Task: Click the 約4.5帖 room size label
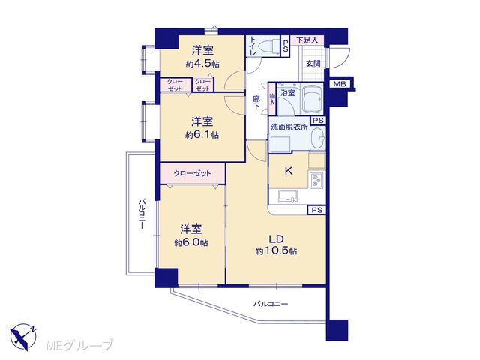point(202,64)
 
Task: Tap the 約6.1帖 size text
point(202,135)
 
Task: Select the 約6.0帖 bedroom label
point(191,242)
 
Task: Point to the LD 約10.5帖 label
point(277,245)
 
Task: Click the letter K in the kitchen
point(289,171)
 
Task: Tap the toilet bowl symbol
point(268,46)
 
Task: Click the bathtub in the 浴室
point(312,98)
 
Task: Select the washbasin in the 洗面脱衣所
point(318,137)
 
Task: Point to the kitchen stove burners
point(316,180)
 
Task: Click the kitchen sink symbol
point(288,196)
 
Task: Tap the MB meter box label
point(340,84)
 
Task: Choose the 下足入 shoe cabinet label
point(307,40)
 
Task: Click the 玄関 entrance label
point(313,64)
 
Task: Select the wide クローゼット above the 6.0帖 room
point(192,173)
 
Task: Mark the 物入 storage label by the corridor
point(271,98)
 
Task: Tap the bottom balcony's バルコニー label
point(271,304)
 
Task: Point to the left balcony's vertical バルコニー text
point(142,214)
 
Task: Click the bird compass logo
point(23,337)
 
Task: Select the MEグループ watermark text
point(79,345)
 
